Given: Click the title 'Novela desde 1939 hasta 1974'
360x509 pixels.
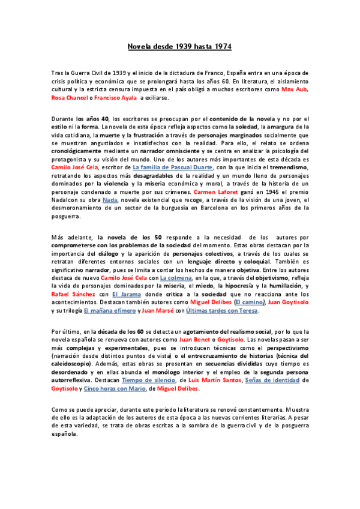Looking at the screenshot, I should [x=180, y=46].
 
